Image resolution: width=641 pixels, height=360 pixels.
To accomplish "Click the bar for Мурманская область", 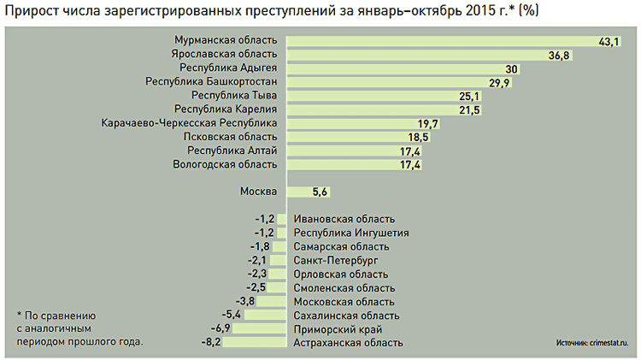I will point(453,41).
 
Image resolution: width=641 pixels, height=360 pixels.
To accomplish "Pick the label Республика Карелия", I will point(226,109).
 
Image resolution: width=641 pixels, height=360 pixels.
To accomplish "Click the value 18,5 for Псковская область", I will point(418,137).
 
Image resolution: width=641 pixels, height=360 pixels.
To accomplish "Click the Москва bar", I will point(299,192).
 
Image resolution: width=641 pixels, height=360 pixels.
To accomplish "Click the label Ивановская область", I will point(344,219).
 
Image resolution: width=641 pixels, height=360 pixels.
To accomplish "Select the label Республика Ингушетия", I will point(350,233).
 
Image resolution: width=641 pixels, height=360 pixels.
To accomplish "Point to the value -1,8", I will point(262,246).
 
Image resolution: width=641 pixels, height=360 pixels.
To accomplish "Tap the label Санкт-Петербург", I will point(335,260).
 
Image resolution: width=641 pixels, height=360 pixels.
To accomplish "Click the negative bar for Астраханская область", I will point(256,342).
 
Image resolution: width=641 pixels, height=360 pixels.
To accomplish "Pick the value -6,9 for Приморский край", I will point(221,328).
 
